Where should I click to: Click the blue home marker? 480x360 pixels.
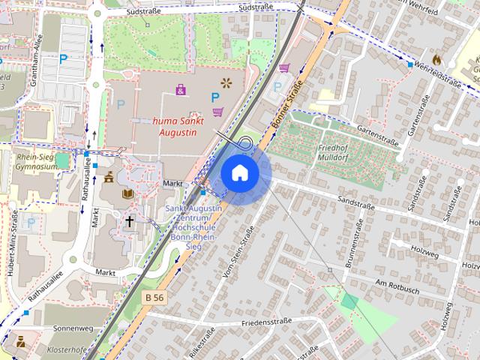pyautogui.click(x=240, y=173)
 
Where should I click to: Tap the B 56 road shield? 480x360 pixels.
pyautogui.click(x=154, y=298)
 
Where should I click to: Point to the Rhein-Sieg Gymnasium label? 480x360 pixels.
pyautogui.click(x=37, y=161)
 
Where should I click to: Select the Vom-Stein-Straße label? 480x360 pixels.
pyautogui.click(x=239, y=251)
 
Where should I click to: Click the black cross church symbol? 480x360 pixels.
pyautogui.click(x=129, y=221)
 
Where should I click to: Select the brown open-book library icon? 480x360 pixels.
pyautogui.click(x=127, y=193)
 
